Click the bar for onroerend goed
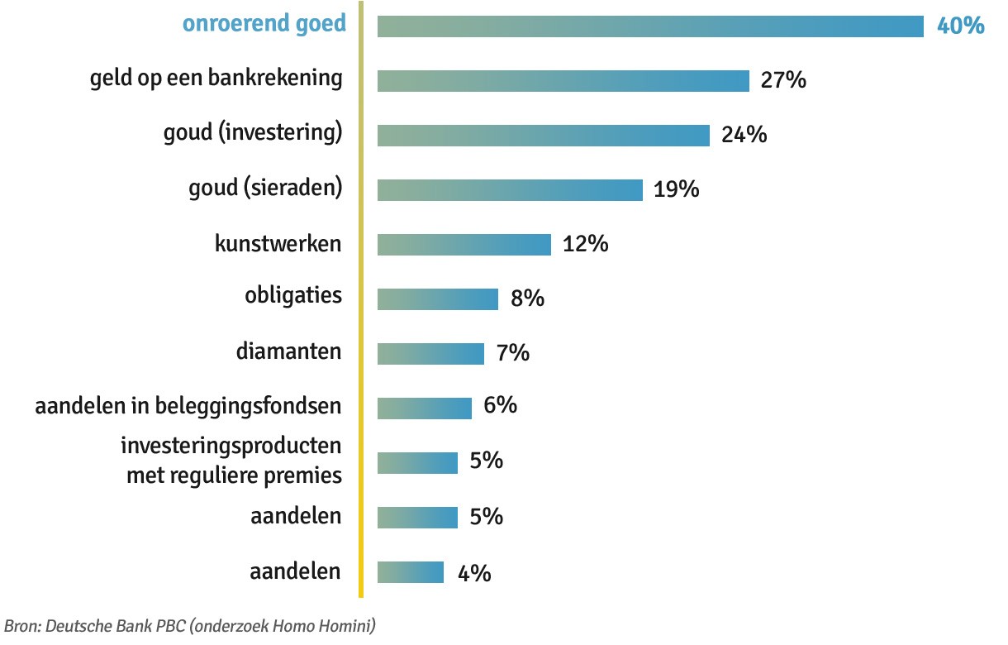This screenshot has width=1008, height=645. coord(650,26)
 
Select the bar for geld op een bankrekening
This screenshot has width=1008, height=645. coord(563,80)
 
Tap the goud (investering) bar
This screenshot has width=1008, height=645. coord(543,135)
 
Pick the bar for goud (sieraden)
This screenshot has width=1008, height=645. coord(510,189)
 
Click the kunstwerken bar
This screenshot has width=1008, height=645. coord(464,244)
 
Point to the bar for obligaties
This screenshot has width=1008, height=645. coord(437,299)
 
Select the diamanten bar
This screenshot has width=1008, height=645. coord(430,353)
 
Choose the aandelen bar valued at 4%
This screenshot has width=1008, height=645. coord(410,572)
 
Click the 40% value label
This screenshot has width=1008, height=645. coord(960,26)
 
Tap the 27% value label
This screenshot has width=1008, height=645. coord(783,80)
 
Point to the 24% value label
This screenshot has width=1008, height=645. coord(744,135)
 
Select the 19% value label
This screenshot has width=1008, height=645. coord(677,189)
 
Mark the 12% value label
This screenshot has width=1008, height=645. coord(585,244)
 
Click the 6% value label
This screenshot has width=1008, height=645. coord(501,405)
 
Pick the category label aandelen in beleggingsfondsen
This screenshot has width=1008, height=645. coord(188,406)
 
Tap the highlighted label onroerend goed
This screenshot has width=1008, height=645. coord(264,24)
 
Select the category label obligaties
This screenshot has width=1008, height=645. coord(293,295)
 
